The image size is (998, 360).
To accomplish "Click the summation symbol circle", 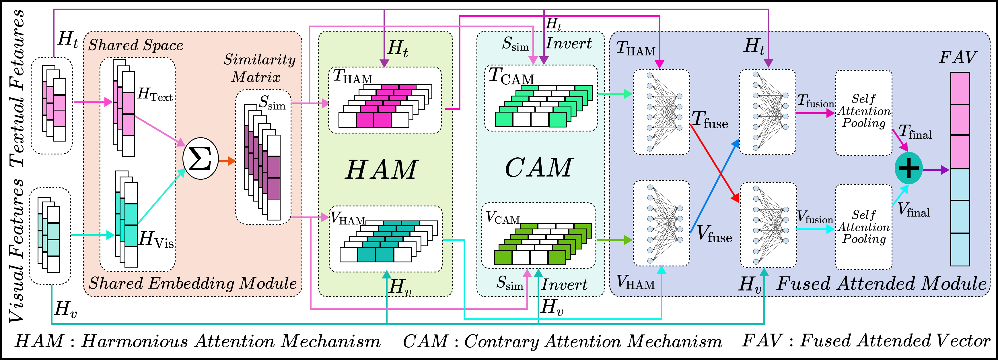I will point(200,158).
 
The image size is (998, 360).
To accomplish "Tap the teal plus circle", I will point(908,168).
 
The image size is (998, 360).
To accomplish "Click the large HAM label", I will point(381,170).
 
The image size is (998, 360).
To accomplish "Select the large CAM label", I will point(539,168).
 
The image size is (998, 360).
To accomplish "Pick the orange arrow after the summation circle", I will point(227,161).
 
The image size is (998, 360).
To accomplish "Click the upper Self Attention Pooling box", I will point(863,112).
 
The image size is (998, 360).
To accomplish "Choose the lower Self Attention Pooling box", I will point(863,227).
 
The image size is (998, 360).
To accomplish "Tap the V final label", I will point(914,210).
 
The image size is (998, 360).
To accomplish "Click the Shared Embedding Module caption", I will point(192,283).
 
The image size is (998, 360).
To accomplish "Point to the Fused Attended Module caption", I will point(881,284).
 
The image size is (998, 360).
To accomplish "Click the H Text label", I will point(155,94).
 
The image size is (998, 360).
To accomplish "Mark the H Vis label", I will point(156,239).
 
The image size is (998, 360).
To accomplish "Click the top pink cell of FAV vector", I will point(960,88).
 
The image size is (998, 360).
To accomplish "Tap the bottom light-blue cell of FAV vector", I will point(960,249).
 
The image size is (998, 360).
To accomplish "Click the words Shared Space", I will point(136,45).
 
